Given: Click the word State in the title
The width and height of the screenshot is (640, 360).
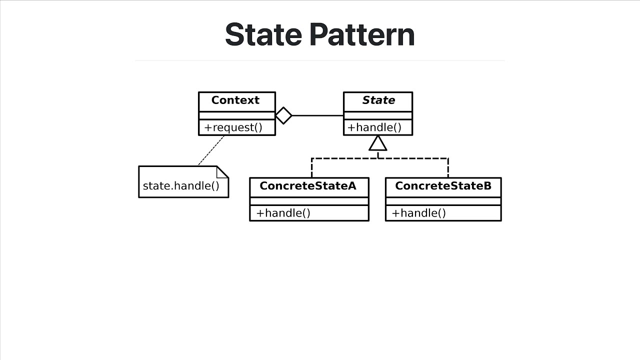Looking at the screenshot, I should pos(263,34).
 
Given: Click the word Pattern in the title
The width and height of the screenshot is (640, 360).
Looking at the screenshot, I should pos(362,34).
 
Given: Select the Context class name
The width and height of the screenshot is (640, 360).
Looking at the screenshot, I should pos(235,100).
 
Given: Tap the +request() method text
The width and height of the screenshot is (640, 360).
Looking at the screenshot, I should pos(233,127).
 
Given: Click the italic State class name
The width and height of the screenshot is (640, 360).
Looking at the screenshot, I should pos(378,100).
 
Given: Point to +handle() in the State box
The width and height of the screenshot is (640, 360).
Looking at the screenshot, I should pos(374,127).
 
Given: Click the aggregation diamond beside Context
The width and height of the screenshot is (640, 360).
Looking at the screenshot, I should pos(283,115).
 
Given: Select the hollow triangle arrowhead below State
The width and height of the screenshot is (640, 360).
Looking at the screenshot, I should pos(377,144).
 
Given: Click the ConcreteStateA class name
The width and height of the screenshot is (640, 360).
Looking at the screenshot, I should pos(308,186).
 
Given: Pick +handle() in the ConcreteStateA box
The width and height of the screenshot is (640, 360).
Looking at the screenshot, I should pos(283,213).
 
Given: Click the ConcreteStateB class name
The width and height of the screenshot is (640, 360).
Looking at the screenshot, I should pos(443,186).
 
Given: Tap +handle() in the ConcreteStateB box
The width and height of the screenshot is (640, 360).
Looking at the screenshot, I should pos(418,213).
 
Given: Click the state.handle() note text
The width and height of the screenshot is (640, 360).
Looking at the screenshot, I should pos(181,186).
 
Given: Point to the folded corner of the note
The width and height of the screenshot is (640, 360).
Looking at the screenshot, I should pos(222,172).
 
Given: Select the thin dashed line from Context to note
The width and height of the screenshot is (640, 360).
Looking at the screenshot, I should pos(211,150).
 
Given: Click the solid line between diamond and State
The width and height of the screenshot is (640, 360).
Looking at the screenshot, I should pos(317,115).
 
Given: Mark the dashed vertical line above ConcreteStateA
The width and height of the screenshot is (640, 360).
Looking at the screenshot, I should pos(311,168).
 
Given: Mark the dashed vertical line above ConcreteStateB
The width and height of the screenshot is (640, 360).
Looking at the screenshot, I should pos(448,168).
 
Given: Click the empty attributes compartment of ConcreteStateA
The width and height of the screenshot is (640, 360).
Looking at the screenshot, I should pos(309,201).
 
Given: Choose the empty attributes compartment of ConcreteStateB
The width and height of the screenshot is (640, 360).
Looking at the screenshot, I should pos(443,201).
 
